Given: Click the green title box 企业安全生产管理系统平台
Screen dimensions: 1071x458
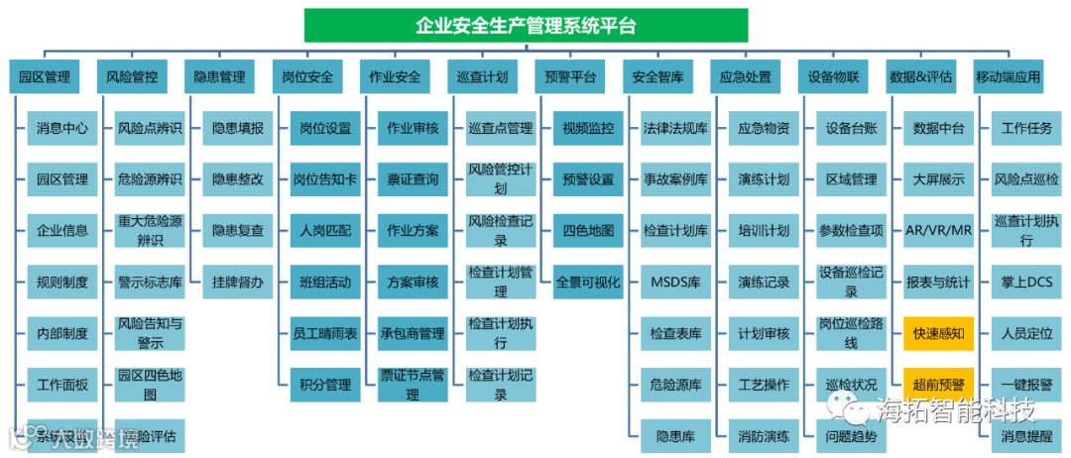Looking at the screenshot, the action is (527, 25).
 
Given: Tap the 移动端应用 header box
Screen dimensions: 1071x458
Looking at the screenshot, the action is (1008, 76).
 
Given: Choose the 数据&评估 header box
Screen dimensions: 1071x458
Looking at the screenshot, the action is (920, 76).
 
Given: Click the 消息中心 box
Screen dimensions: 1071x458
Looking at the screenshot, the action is (62, 128).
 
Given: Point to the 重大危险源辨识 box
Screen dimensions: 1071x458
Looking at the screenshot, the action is (150, 231).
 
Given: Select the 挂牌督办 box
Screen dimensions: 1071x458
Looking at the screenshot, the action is (238, 283).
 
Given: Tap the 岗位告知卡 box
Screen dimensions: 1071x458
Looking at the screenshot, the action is (325, 179).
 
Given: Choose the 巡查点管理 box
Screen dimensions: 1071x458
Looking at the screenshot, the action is (501, 128).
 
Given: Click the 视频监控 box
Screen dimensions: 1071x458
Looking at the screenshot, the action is (588, 128).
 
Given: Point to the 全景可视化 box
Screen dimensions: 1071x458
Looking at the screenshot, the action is (588, 283).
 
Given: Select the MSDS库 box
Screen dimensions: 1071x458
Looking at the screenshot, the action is (675, 283).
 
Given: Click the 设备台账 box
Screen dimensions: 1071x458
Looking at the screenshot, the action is (851, 128).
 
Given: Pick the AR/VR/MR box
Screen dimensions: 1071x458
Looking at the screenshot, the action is (938, 231).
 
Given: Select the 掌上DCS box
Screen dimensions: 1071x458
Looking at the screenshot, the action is (1026, 283).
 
